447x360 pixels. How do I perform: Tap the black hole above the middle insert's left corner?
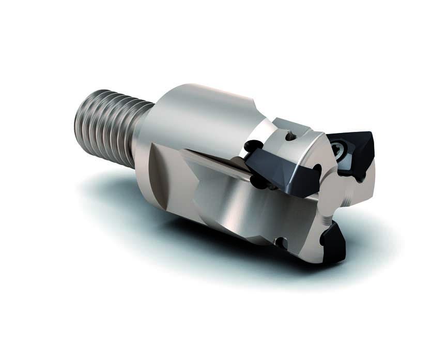(x=252, y=146)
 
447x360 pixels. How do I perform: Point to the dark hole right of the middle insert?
(x=317, y=169)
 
